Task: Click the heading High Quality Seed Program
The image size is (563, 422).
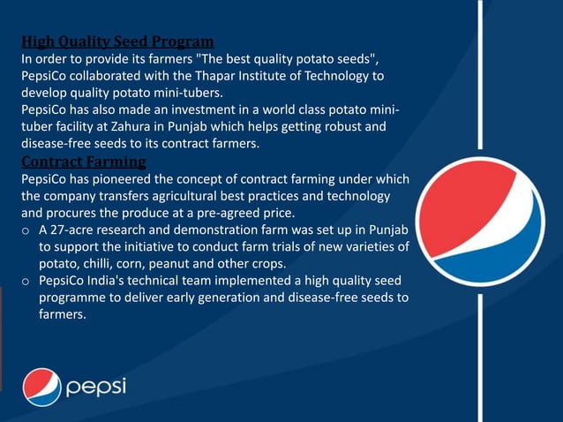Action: pyautogui.click(x=117, y=41)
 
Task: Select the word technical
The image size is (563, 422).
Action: pyautogui.click(x=156, y=280)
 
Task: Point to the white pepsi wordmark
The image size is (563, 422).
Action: pyautogui.click(x=97, y=388)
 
